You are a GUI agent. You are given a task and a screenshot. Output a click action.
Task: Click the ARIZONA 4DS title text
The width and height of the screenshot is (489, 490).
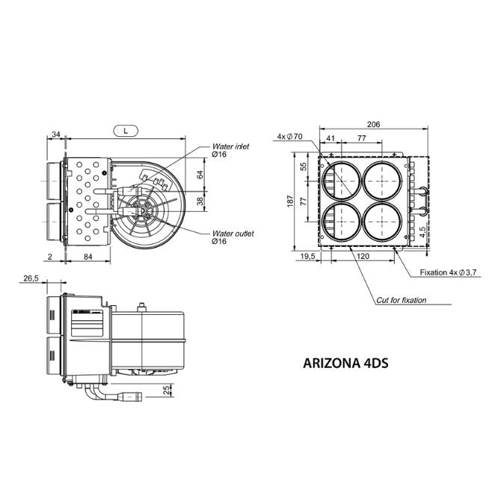coord(345,364)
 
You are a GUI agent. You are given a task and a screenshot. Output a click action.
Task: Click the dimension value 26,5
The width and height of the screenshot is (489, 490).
coord(31,278)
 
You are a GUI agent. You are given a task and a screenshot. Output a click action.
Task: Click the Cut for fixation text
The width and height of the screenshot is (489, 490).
coord(401,300)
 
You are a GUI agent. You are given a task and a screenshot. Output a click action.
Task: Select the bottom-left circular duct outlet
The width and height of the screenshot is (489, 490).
coord(340,222)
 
